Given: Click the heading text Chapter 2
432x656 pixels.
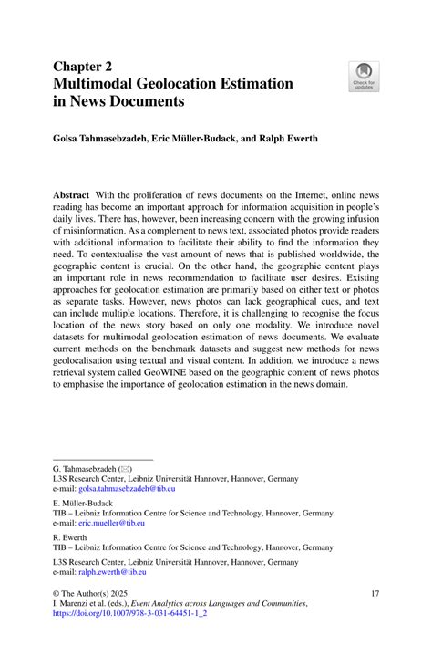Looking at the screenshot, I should click(x=84, y=66).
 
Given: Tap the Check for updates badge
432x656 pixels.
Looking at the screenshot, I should click(x=365, y=76).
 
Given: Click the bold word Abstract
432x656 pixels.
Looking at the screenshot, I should click(x=72, y=196).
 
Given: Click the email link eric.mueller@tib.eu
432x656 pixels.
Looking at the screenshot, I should click(x=99, y=523).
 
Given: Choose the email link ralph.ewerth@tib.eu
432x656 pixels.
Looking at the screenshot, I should click(x=99, y=571).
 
